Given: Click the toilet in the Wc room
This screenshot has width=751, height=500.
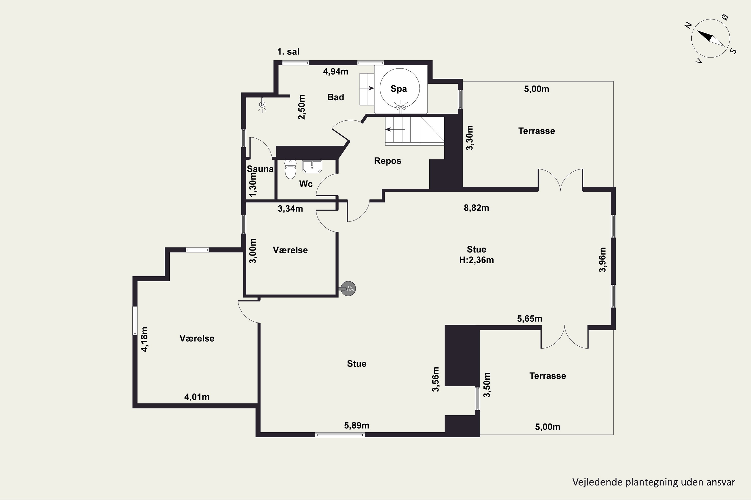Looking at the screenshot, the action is [x=290, y=169].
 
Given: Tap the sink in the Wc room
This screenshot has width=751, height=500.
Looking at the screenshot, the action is [x=312, y=166].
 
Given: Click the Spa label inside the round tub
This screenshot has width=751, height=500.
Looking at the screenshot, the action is [x=399, y=89].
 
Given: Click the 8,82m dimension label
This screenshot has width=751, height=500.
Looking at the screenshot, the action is [x=476, y=208].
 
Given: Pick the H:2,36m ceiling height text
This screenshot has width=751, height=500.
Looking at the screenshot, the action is [x=476, y=260].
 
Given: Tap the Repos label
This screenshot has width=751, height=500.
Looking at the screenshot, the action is [x=388, y=161].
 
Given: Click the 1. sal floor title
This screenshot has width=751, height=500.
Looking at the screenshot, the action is [x=288, y=52].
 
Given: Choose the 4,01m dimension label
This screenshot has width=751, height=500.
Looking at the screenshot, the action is [x=197, y=397].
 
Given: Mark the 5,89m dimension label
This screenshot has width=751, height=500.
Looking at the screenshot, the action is [x=357, y=425].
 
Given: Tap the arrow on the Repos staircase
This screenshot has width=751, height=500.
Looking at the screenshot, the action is [x=395, y=129].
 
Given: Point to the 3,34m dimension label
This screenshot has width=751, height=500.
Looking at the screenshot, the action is [x=290, y=209].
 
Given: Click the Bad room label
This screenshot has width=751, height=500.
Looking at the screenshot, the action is [x=336, y=97].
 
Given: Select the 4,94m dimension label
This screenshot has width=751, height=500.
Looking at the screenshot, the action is [x=336, y=71].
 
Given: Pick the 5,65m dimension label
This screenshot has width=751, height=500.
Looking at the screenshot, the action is [x=530, y=318].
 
